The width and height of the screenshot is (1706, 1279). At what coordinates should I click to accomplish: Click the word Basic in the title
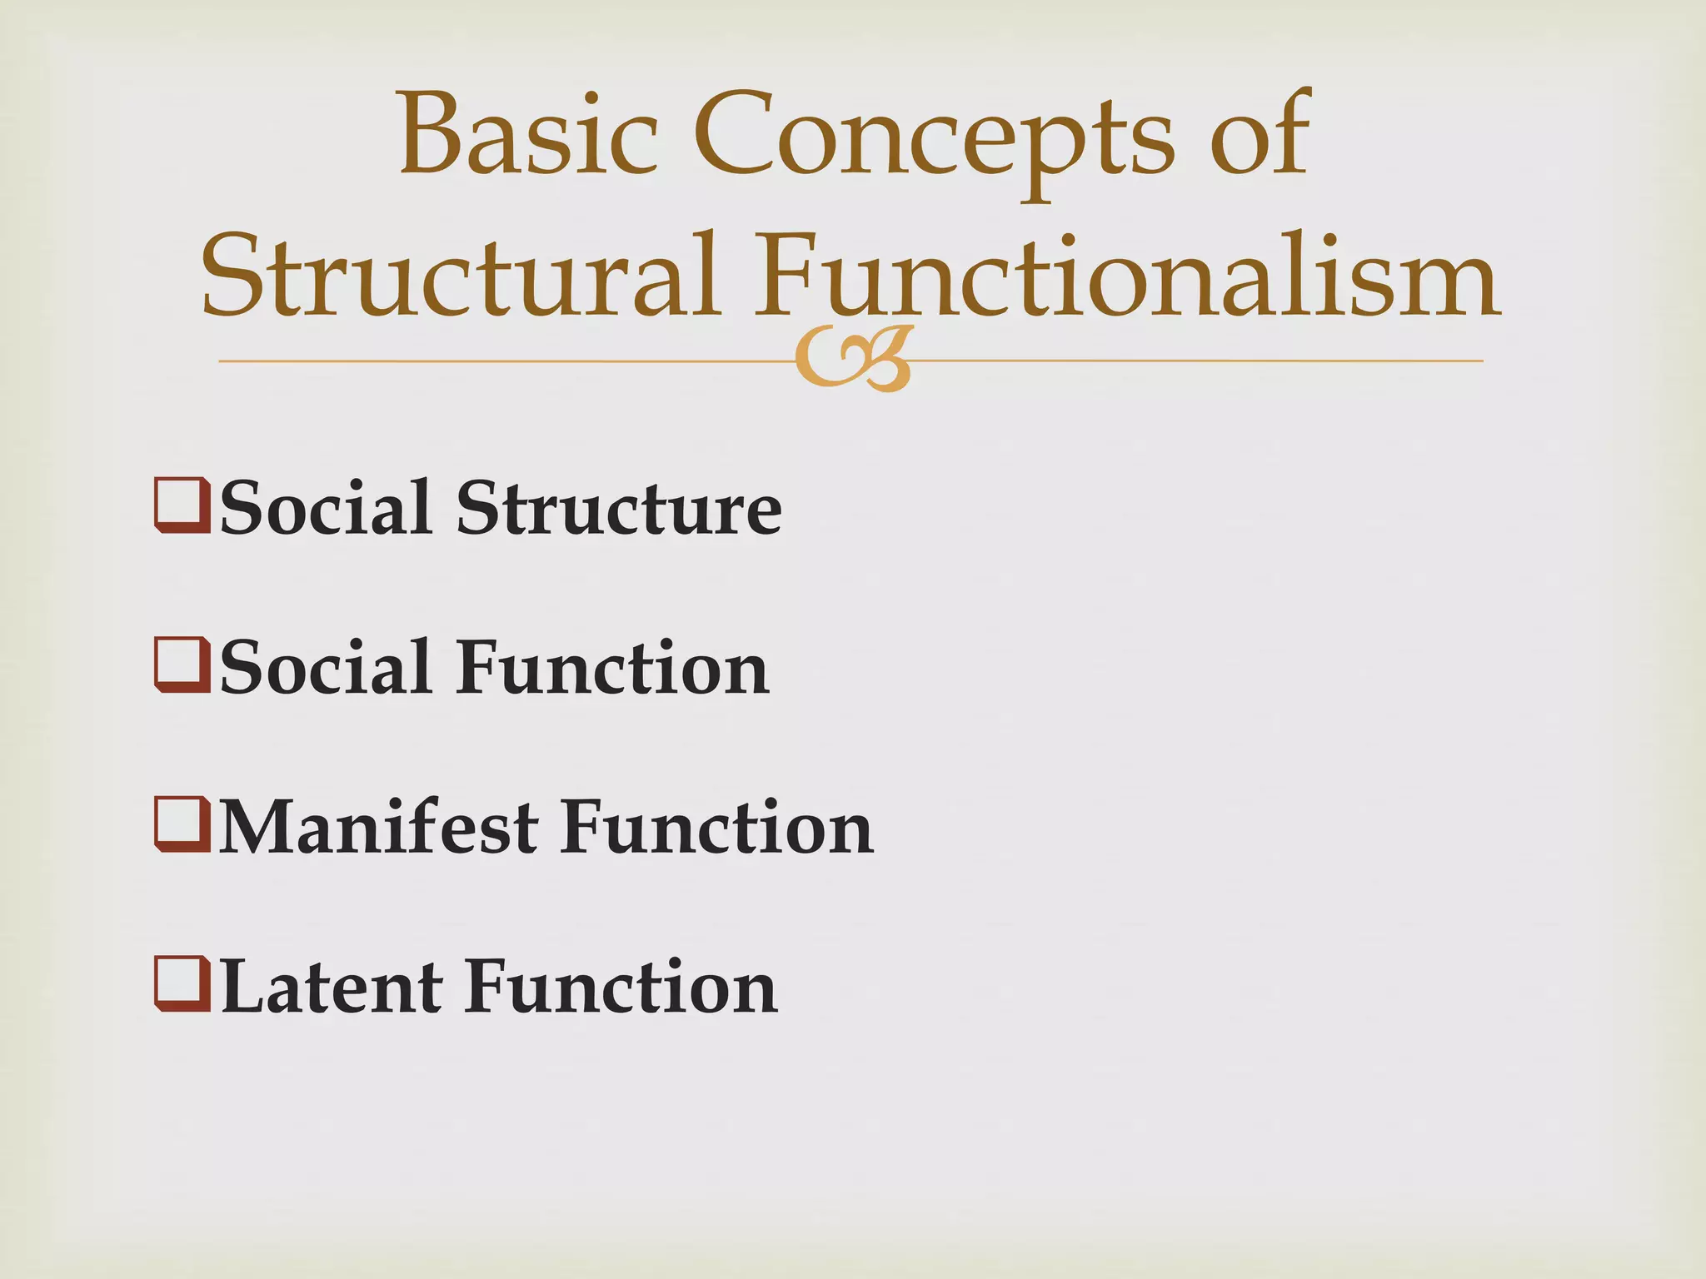pos(528,136)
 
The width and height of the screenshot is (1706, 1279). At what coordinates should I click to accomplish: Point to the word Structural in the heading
pos(461,275)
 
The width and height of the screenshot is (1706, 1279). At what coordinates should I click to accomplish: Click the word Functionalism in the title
pos(1127,275)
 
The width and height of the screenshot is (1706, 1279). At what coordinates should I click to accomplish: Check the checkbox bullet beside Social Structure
pos(181,505)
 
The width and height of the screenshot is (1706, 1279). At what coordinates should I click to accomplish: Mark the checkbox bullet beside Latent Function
pos(181,984)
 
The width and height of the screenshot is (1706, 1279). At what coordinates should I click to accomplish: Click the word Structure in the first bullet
pos(619,508)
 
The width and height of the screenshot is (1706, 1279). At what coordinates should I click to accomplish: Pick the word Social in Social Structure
pos(326,508)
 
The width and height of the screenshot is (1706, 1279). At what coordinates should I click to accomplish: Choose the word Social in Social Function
pos(326,668)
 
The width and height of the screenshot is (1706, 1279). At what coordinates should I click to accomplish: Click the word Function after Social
pos(612,668)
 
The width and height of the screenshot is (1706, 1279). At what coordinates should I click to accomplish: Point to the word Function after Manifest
pos(717,828)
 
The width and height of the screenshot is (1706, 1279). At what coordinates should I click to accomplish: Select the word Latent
pos(331,988)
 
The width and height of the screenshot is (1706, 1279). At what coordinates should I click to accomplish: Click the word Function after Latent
pos(621,988)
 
